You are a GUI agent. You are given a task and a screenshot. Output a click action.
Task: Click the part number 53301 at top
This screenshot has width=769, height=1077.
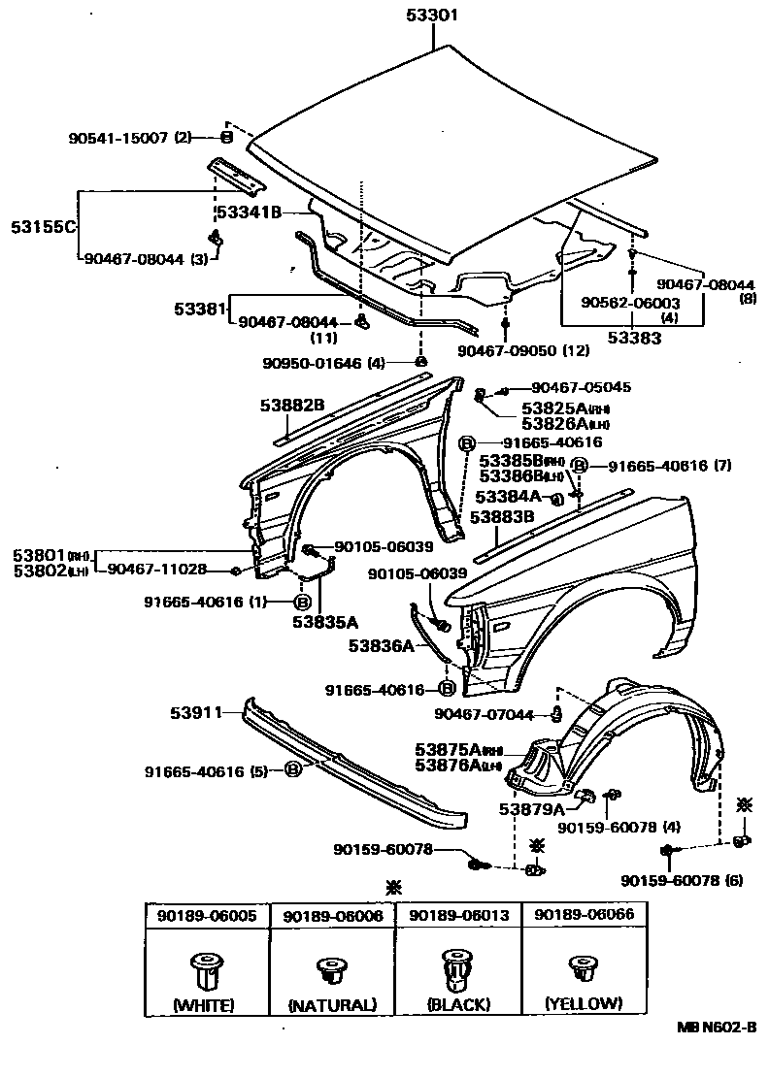(x=431, y=15)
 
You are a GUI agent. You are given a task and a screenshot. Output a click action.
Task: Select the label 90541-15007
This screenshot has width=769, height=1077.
(x=119, y=138)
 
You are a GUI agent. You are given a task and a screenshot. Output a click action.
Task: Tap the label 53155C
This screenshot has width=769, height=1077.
(x=44, y=226)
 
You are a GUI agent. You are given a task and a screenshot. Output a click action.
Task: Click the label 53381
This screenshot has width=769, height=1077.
(x=200, y=309)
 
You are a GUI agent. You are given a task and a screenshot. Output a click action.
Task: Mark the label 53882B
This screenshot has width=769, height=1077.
(x=291, y=405)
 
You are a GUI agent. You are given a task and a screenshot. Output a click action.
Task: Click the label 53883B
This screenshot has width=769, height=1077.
(x=503, y=517)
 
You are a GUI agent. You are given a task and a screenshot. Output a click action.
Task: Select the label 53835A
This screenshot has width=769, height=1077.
(x=326, y=622)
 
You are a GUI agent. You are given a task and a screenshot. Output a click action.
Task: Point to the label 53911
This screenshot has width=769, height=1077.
(x=198, y=712)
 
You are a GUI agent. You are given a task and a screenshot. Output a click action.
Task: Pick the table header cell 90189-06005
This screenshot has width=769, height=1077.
(x=203, y=916)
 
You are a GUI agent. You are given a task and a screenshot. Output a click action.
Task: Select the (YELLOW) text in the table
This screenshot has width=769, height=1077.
(x=583, y=1003)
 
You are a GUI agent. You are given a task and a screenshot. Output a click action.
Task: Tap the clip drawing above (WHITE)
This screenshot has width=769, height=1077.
(x=203, y=967)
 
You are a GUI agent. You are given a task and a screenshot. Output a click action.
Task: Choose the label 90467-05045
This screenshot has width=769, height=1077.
(x=580, y=387)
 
